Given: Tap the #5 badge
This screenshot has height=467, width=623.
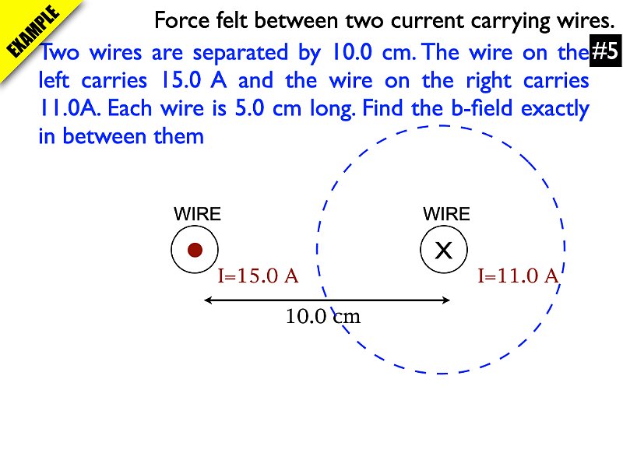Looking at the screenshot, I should tap(604, 52).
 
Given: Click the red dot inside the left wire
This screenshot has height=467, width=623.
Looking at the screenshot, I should tap(195, 250).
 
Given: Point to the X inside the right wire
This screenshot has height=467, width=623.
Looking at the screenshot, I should tap(443, 251).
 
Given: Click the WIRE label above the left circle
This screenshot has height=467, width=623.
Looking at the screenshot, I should tap(197, 214).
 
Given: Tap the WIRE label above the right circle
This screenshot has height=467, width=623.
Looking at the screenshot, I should tap(446, 214).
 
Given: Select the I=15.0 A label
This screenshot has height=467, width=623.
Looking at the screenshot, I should tap(258, 276).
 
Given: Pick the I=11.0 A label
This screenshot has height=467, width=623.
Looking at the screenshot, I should tap(518, 276).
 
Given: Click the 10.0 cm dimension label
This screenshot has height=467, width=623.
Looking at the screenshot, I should tap(323, 317).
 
